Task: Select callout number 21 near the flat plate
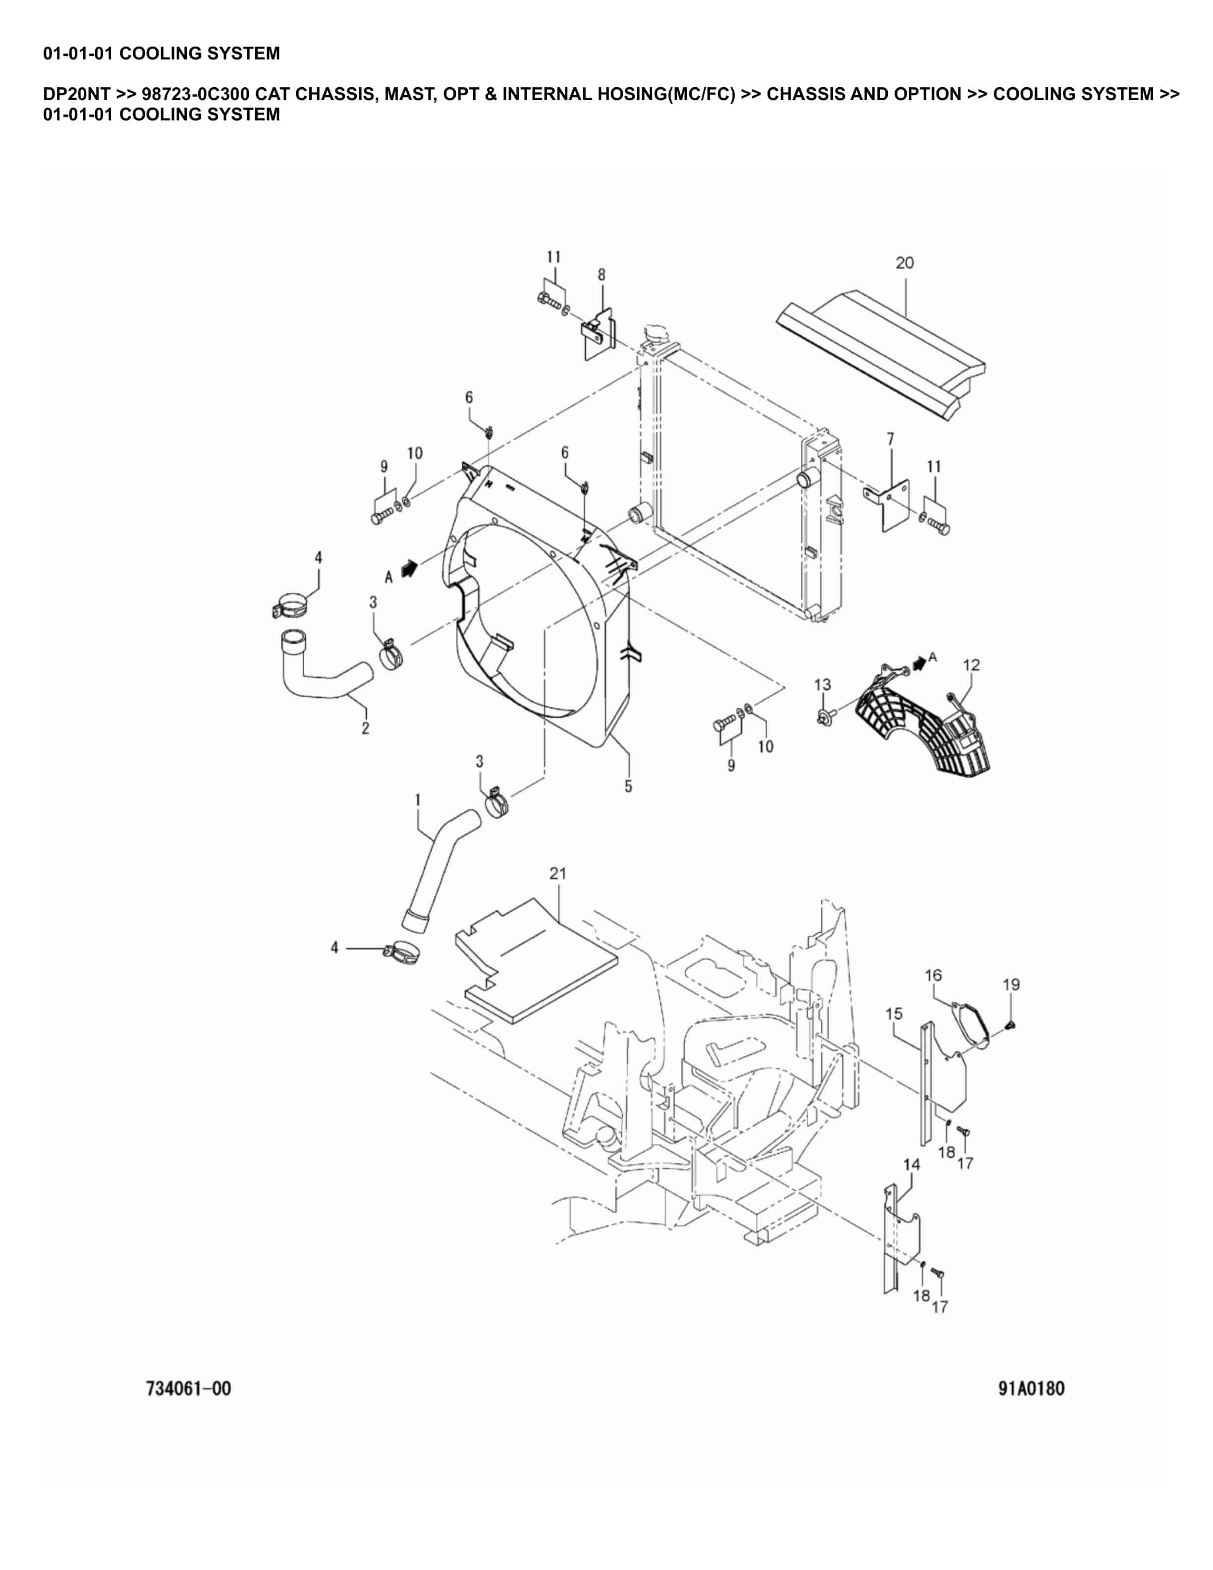point(557,873)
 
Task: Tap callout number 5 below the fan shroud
point(628,786)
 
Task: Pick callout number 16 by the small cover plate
point(933,975)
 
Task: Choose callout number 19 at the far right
point(1011,984)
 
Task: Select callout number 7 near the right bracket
point(890,439)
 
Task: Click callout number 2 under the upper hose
point(365,728)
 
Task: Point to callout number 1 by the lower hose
point(418,800)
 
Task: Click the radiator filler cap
point(656,334)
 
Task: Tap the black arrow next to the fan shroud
point(409,568)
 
